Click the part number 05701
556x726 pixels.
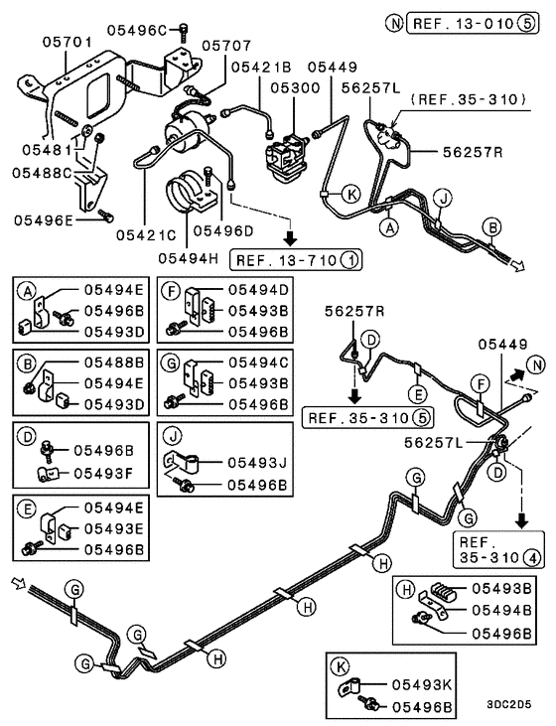click(x=67, y=43)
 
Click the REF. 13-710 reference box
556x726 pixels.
click(x=296, y=260)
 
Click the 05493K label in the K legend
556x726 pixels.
click(x=422, y=683)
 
